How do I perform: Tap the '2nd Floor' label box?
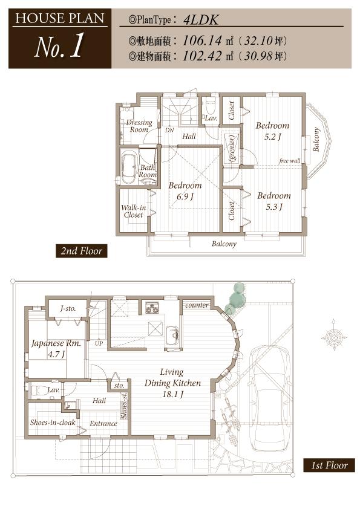81,250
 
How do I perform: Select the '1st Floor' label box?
329,465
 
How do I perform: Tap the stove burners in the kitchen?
151,308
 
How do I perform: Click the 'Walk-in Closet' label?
133,212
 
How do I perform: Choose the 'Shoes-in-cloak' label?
53,423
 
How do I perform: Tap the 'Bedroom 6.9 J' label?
185,190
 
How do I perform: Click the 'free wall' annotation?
290,161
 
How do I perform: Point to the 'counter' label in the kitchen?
197,305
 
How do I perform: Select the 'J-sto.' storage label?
67,309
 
